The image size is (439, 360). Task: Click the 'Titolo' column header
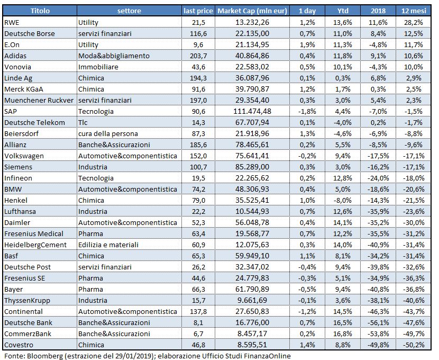(x=40, y=11)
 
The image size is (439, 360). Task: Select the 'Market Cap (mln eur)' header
(x=252, y=11)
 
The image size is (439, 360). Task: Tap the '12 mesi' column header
(x=414, y=11)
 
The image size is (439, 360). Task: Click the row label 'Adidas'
(x=15, y=56)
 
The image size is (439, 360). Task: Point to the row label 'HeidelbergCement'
(x=35, y=245)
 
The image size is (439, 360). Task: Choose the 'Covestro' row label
(x=19, y=345)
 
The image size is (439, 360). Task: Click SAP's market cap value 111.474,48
(x=252, y=111)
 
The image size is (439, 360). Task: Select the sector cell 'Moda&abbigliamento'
(x=114, y=56)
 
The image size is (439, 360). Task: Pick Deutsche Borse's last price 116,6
(x=198, y=34)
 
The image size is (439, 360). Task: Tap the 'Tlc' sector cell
(x=83, y=122)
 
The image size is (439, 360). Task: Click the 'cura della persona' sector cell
(x=108, y=133)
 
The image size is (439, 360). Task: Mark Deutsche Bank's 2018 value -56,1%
(x=378, y=322)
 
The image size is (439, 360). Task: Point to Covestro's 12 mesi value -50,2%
(x=414, y=345)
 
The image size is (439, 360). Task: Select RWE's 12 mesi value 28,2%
(x=414, y=22)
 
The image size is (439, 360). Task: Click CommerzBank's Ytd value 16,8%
(x=343, y=334)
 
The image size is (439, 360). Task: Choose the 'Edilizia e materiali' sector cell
(x=108, y=245)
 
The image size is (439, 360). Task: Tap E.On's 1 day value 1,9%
(x=307, y=44)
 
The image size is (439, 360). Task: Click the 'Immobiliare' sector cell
(x=98, y=67)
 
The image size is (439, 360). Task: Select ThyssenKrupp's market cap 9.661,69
(x=252, y=300)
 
